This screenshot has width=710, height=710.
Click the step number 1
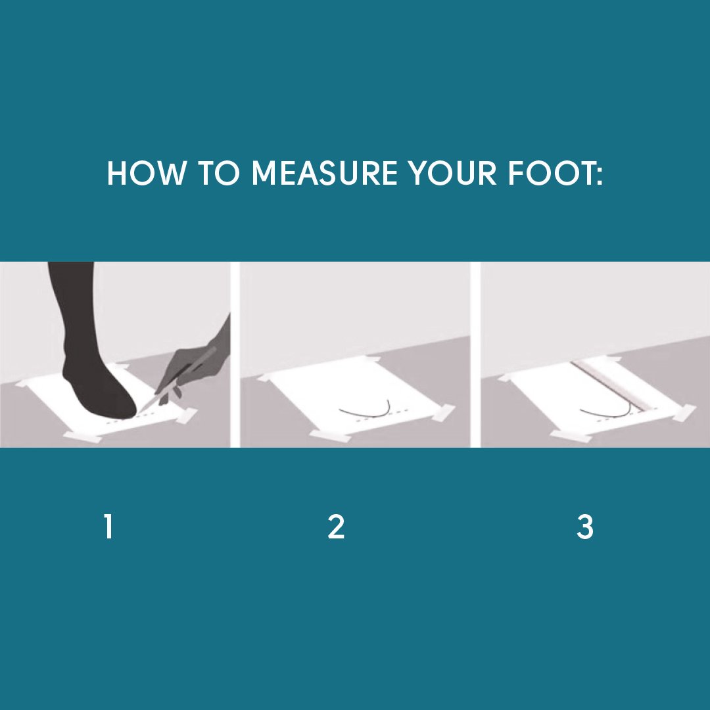(x=108, y=527)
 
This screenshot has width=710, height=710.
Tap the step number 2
(x=336, y=527)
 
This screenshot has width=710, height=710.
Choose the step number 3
(x=584, y=527)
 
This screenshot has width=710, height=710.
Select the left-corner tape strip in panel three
(x=509, y=377)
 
